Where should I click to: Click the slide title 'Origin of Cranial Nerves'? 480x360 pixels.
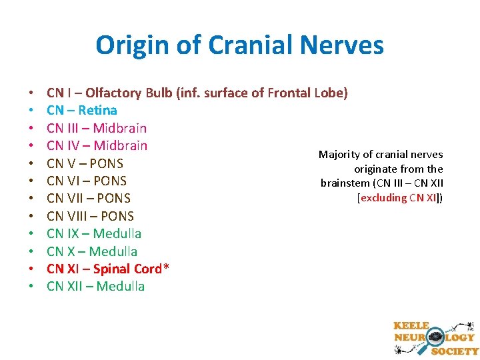pyautogui.click(x=239, y=45)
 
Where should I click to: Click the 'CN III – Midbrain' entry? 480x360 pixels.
pyautogui.click(x=97, y=128)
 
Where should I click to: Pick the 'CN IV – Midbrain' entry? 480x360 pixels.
pyautogui.click(x=97, y=145)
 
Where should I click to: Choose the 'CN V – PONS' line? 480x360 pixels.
pyautogui.click(x=85, y=163)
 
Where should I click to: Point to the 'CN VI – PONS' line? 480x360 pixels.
pyautogui.click(x=87, y=181)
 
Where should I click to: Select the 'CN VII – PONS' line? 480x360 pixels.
pyautogui.click(x=89, y=198)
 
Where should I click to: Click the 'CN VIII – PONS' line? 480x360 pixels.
pyautogui.click(x=90, y=216)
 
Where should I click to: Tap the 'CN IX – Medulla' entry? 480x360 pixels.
pyautogui.click(x=94, y=233)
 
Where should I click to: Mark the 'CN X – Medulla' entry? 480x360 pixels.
pyautogui.click(x=92, y=251)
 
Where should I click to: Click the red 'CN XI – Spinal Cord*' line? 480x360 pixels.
pyautogui.click(x=107, y=269)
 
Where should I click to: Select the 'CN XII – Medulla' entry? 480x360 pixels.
pyautogui.click(x=95, y=286)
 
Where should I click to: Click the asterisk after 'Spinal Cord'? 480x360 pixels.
pyautogui.click(x=166, y=267)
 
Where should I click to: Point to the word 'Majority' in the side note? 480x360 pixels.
pyautogui.click(x=338, y=155)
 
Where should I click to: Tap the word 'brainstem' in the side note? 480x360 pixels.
pyautogui.click(x=343, y=183)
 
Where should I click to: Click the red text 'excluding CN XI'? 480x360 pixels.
pyautogui.click(x=399, y=197)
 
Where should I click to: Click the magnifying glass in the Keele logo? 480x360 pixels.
pyautogui.click(x=437, y=337)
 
